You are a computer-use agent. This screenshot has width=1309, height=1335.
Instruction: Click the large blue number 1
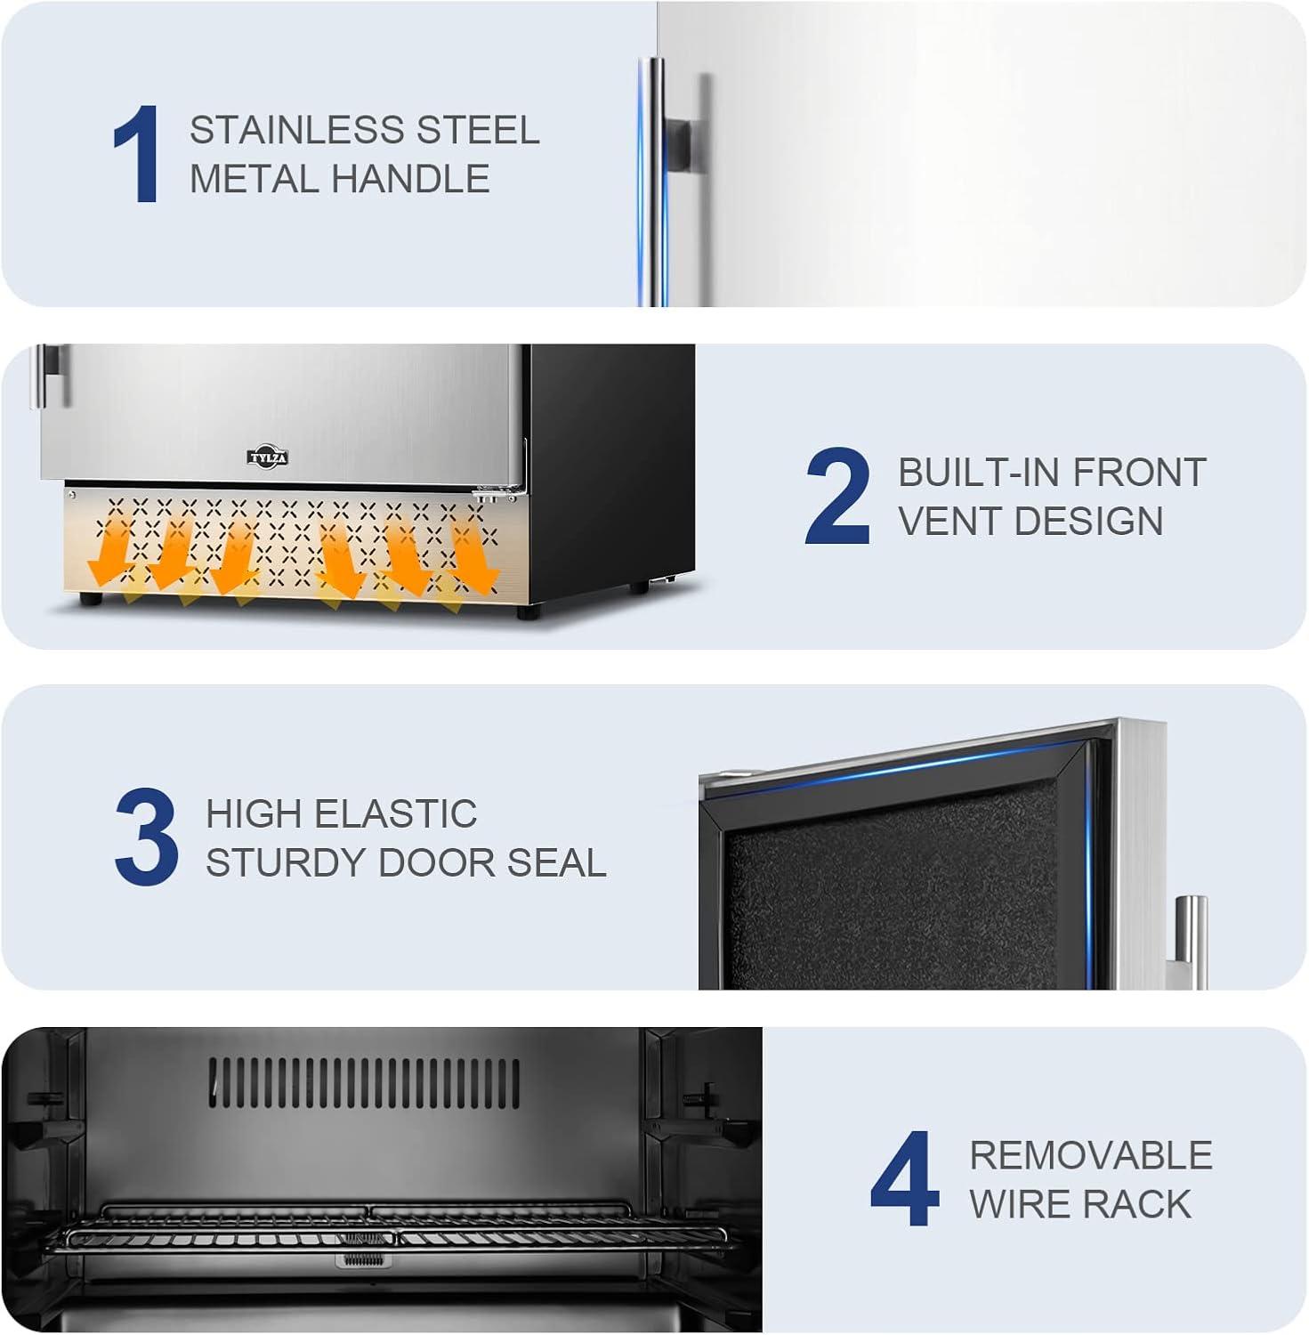(138, 154)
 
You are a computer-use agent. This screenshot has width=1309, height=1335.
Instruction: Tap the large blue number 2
(836, 496)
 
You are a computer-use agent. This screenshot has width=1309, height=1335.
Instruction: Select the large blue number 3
(147, 837)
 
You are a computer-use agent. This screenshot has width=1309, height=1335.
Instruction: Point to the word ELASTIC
(396, 813)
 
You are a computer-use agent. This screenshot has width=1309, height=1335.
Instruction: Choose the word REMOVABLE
(1091, 1155)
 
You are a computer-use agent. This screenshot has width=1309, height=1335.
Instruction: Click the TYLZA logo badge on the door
(268, 458)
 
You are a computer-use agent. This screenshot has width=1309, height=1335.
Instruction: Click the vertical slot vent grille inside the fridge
(366, 1083)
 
